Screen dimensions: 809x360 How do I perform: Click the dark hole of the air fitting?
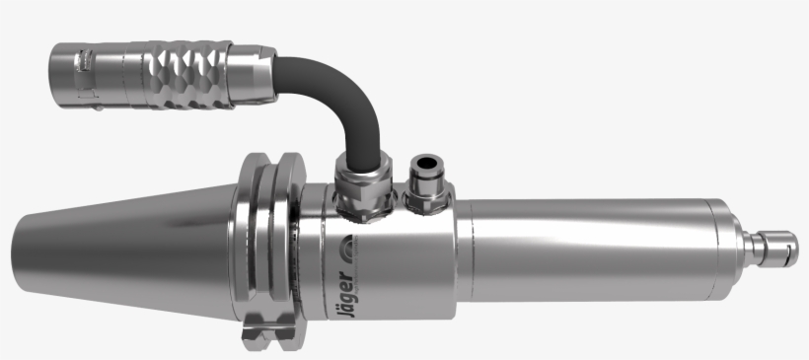pos(426,164)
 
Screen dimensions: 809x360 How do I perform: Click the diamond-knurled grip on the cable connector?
pos(188,75)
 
